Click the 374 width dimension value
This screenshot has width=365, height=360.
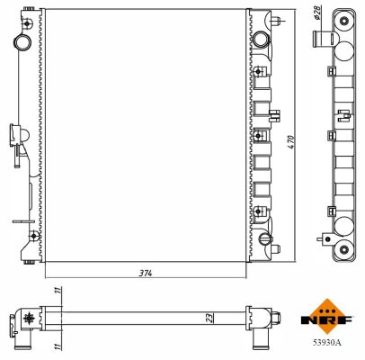tap(146, 272)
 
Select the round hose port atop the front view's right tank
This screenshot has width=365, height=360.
tap(261, 40)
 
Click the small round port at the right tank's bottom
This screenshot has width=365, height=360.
tap(265, 239)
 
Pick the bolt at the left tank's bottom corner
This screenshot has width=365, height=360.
tap(33, 238)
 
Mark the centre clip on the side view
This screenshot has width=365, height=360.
tap(343, 114)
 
